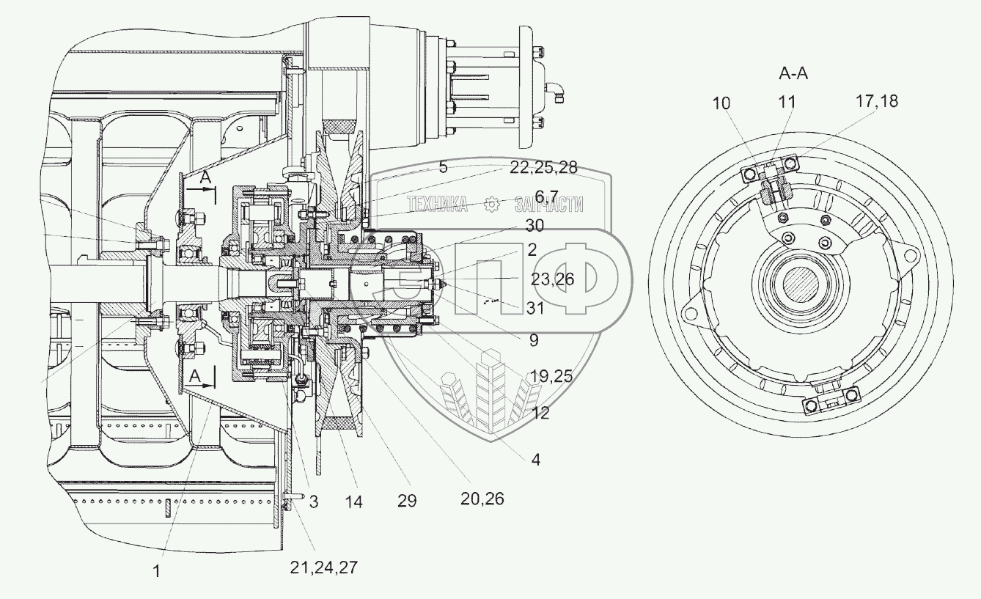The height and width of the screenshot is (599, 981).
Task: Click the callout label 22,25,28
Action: (x=542, y=169)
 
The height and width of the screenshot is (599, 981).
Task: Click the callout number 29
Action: (x=407, y=501)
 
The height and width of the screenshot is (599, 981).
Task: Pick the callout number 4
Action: (x=536, y=460)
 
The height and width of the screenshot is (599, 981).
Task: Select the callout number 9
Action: (x=534, y=340)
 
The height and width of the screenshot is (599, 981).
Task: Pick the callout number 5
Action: (x=443, y=167)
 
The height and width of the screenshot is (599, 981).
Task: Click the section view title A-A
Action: (x=793, y=74)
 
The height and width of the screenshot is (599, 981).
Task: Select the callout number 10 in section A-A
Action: (x=722, y=103)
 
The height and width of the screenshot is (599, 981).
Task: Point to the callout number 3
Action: (x=313, y=503)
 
